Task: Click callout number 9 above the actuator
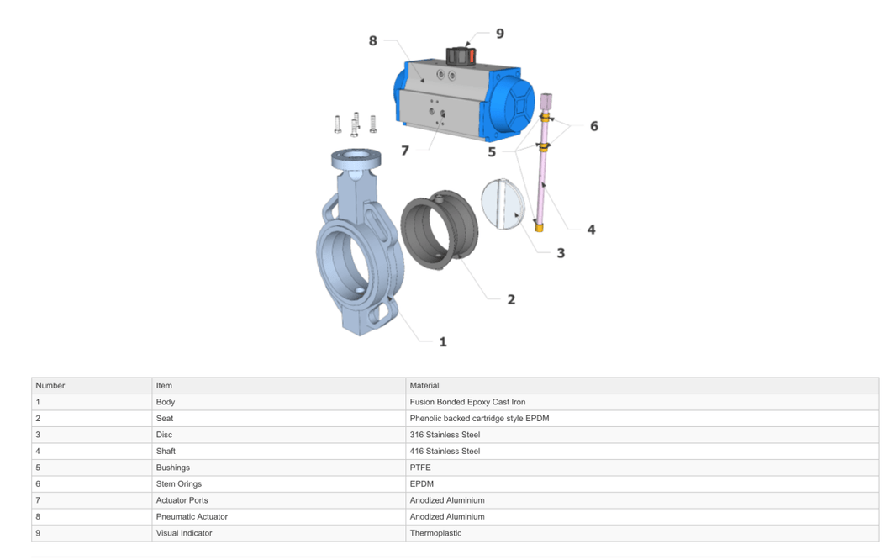(x=500, y=34)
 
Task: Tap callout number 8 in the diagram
(x=372, y=40)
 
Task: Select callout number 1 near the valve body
(x=443, y=341)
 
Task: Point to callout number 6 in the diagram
(x=594, y=126)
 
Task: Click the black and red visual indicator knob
(x=461, y=56)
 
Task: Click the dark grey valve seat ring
(x=439, y=230)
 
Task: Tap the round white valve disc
(x=503, y=204)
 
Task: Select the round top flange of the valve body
(x=356, y=158)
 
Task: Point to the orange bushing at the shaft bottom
(x=539, y=227)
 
